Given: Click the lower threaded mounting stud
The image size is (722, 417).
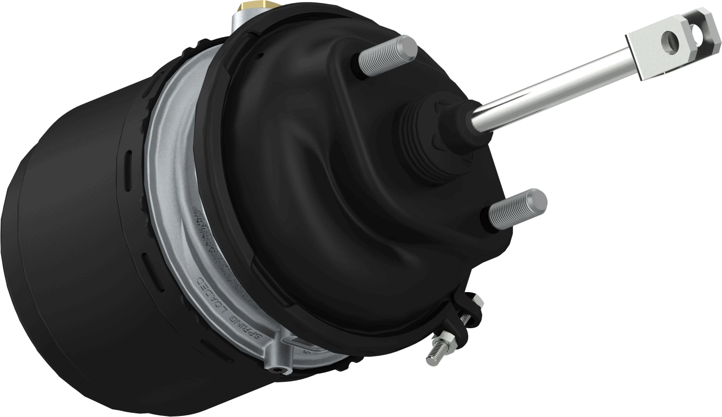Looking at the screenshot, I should coord(514,209).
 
